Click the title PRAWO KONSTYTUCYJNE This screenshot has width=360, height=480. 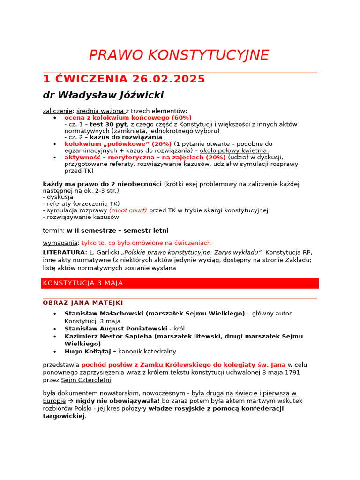coord(179,55)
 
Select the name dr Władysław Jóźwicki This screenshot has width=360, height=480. coord(103,95)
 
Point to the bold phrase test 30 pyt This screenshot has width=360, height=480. coord(108,124)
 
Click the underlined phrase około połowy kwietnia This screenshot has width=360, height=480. coord(233,150)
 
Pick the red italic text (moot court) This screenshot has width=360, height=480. coord(128,210)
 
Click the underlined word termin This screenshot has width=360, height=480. coord(53,230)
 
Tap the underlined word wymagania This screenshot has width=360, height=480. coord(60,243)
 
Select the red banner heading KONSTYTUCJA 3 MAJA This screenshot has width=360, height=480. coord(83,283)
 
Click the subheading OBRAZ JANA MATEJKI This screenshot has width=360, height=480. coord(83,303)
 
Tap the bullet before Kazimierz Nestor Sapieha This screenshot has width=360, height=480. coord(55,337)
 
